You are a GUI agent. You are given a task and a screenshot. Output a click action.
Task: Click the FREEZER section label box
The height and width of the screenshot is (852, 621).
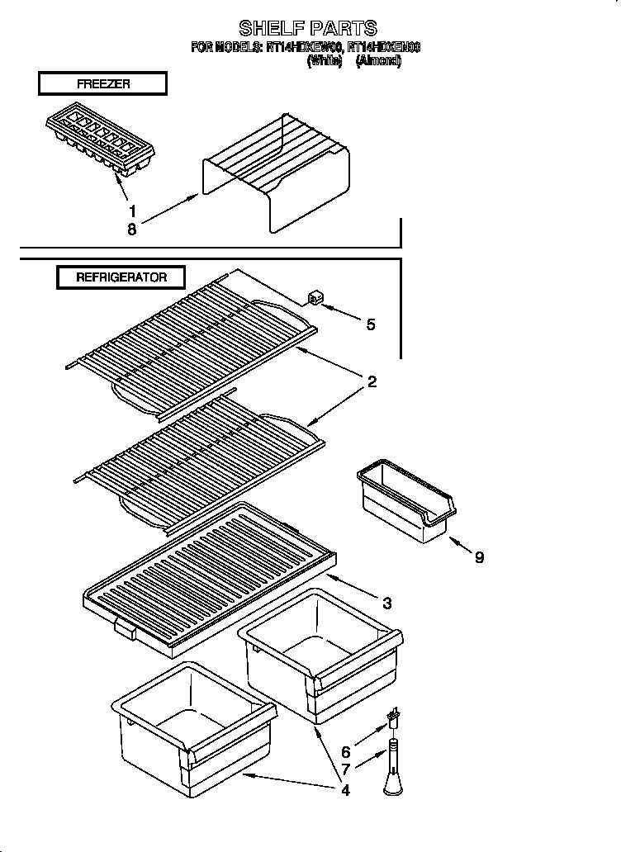tap(102, 83)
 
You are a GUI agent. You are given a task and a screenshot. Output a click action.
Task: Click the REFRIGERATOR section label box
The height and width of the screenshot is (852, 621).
tap(121, 277)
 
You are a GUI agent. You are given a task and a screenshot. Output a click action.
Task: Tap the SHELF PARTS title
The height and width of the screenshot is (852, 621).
tap(307, 29)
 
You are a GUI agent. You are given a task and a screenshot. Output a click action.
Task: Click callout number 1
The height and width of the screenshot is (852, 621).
tap(132, 211)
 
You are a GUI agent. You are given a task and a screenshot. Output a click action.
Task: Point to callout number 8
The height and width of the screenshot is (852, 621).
tap(132, 230)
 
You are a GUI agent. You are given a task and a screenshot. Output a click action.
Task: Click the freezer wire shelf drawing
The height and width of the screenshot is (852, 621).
tap(277, 169)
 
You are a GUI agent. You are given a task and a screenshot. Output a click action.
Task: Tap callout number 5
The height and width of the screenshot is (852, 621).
tap(371, 324)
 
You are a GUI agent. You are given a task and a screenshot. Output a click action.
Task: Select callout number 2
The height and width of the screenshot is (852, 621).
tap(372, 381)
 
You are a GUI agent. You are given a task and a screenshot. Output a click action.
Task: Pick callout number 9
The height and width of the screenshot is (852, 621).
tap(479, 557)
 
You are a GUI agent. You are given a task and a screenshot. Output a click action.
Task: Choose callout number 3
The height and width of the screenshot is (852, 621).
tap(386, 602)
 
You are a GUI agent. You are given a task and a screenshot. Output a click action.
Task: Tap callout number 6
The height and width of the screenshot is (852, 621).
tap(346, 752)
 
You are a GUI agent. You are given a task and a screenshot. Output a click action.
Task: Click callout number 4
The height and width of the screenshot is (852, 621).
tap(345, 790)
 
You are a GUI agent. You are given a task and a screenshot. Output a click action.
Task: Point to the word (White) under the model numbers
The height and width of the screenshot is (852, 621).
tap(324, 61)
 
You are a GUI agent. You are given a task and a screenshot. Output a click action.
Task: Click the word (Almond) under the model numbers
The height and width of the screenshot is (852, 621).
tap(378, 61)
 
